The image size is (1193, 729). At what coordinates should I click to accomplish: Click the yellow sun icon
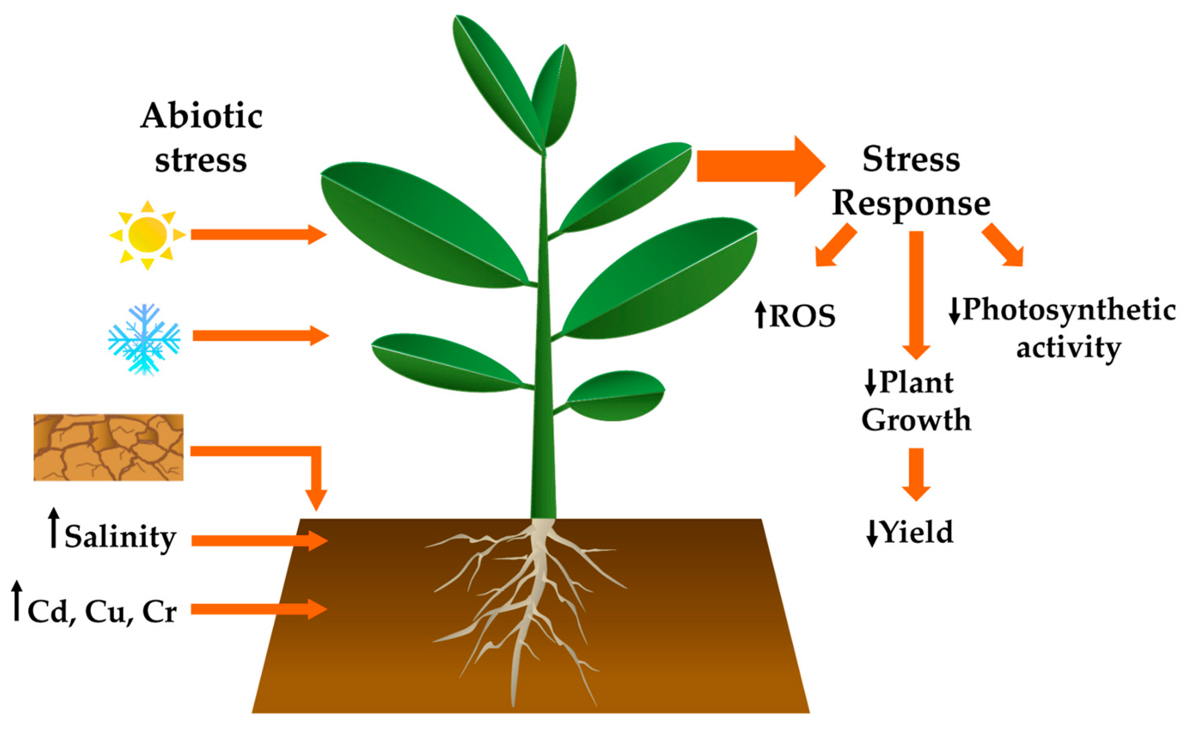coord(148,235)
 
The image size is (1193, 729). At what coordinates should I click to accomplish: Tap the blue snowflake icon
coord(144,339)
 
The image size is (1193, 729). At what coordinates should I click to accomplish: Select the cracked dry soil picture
coord(109,447)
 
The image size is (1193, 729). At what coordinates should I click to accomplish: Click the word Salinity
coord(121,538)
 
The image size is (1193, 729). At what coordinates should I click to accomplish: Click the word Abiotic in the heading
coord(201,117)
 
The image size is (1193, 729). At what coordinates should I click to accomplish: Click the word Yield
coord(918,532)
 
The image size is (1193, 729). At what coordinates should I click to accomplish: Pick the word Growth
coord(916,420)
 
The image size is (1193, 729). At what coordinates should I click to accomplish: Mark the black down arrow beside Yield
coord(872,534)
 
